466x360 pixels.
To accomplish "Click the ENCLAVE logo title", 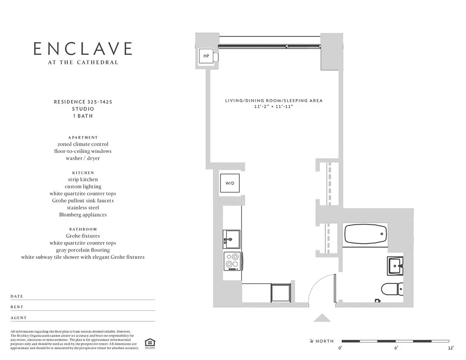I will click(x=83, y=49).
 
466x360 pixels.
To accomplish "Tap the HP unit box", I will click(x=206, y=56).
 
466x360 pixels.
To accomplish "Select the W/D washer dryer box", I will click(x=230, y=183).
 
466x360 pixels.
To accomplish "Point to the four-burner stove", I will click(x=233, y=261).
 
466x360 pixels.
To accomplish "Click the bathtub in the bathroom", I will click(x=365, y=234).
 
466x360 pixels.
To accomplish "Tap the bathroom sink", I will click(x=395, y=265).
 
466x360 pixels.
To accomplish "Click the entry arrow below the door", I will click(x=322, y=318).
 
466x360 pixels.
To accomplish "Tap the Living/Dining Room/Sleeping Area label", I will click(x=273, y=101).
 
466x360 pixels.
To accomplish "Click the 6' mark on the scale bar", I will click(x=396, y=348).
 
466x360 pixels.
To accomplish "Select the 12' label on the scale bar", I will click(x=450, y=348).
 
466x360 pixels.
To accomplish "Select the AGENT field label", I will click(x=18, y=318).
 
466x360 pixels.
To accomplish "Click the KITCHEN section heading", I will click(x=83, y=173).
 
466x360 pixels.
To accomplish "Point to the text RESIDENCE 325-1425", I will click(x=83, y=102).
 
